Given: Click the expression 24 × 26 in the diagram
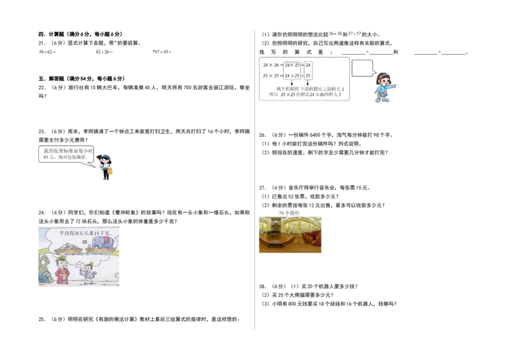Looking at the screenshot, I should (271, 65).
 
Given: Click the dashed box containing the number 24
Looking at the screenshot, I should (309, 70).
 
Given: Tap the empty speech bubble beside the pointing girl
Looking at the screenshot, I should (362, 67).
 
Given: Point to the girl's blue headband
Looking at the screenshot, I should (383, 75).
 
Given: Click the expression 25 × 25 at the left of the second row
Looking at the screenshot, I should (271, 76).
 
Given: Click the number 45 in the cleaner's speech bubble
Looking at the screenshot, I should (46, 157).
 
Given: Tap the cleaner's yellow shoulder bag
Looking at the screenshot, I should (110, 171).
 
